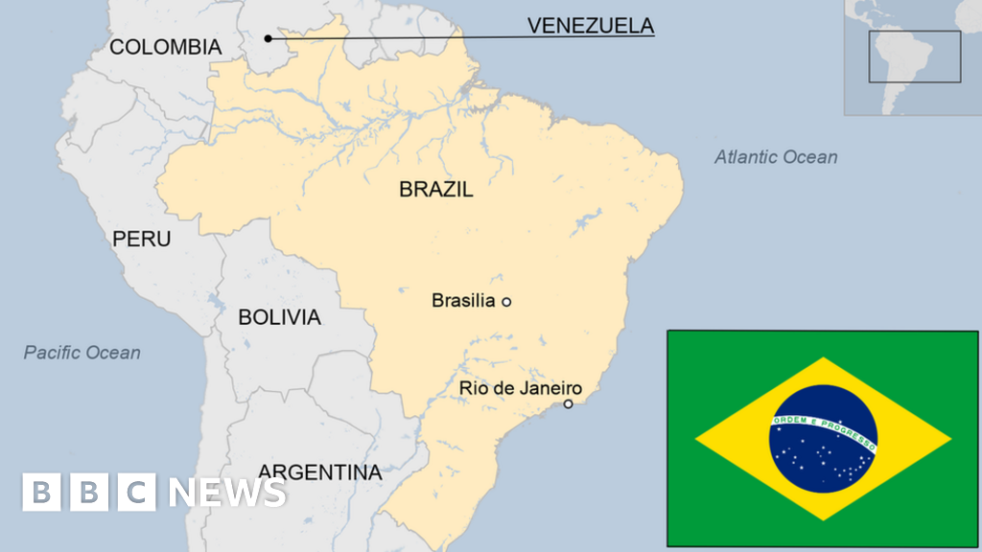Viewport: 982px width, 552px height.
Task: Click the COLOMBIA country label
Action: click(x=165, y=47)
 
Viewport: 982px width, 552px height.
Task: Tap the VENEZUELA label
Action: click(x=590, y=26)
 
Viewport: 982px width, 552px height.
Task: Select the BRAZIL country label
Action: click(x=436, y=190)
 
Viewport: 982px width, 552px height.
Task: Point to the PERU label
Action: click(x=142, y=239)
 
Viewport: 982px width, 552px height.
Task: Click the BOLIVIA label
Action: click(x=279, y=317)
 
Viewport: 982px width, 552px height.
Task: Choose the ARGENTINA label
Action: click(x=319, y=471)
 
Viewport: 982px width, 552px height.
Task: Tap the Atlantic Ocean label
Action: click(x=776, y=157)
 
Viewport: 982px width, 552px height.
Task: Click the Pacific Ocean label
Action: click(x=82, y=353)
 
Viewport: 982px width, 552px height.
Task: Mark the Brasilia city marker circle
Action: click(x=507, y=302)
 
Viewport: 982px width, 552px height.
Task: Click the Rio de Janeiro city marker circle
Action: click(x=568, y=404)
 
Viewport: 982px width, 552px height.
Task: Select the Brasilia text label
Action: click(x=463, y=301)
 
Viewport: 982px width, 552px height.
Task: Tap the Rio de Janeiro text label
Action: click(x=521, y=388)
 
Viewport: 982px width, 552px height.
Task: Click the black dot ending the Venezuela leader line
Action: click(x=269, y=38)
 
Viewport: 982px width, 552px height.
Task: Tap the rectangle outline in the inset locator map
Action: click(x=914, y=57)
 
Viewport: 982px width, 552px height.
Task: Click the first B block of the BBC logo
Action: click(x=41, y=492)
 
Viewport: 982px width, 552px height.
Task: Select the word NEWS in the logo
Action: click(x=227, y=492)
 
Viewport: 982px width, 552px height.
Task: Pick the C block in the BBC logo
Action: click(x=136, y=492)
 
